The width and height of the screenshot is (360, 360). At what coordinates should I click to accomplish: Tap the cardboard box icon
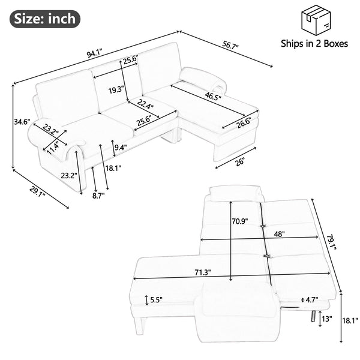click(317, 19)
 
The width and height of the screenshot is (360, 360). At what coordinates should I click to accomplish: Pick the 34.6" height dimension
click(22, 122)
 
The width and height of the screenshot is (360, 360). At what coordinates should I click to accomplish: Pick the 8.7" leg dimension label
click(98, 196)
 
